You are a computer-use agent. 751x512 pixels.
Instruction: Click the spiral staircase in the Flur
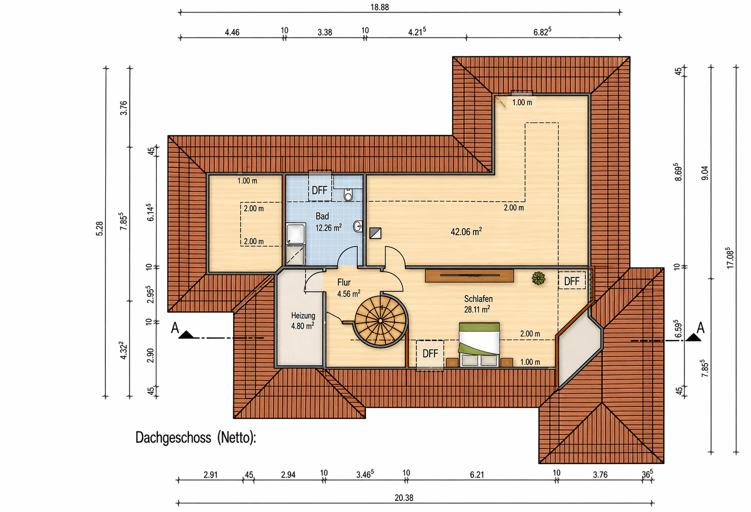(x=381, y=321)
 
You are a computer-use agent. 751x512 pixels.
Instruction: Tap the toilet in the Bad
(x=349, y=194)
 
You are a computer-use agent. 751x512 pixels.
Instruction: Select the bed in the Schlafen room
(x=479, y=344)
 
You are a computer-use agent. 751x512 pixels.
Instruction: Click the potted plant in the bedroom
(x=538, y=278)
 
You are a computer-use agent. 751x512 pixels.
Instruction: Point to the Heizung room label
(x=303, y=321)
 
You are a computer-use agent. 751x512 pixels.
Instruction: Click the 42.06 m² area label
(x=466, y=231)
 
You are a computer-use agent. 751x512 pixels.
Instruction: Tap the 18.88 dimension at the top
(x=380, y=7)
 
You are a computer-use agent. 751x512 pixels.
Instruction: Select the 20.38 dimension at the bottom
(x=403, y=498)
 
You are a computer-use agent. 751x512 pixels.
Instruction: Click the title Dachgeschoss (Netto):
(x=196, y=437)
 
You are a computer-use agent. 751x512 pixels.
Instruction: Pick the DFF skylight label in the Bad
(x=319, y=190)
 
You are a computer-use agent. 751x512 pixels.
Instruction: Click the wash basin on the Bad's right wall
(x=358, y=226)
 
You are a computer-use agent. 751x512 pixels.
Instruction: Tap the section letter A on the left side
(x=175, y=328)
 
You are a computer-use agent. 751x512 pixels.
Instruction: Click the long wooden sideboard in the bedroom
(x=469, y=276)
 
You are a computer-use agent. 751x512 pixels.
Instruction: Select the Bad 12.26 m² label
(x=328, y=222)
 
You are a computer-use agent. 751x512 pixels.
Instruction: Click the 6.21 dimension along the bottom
(x=477, y=474)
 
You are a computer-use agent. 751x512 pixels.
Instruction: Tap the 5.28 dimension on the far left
(x=99, y=228)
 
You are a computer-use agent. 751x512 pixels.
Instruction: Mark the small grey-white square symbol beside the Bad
(x=375, y=233)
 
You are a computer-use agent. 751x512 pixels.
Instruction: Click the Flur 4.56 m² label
(x=349, y=288)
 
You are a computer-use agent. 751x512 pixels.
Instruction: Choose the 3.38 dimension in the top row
(x=324, y=32)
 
